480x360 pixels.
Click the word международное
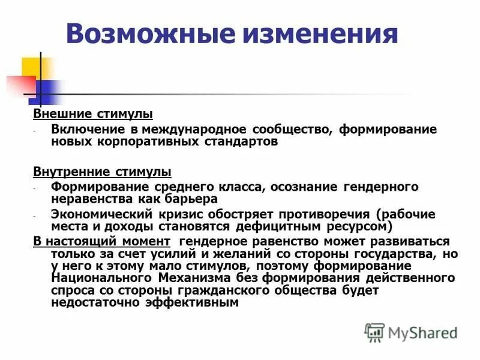point(205,129)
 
